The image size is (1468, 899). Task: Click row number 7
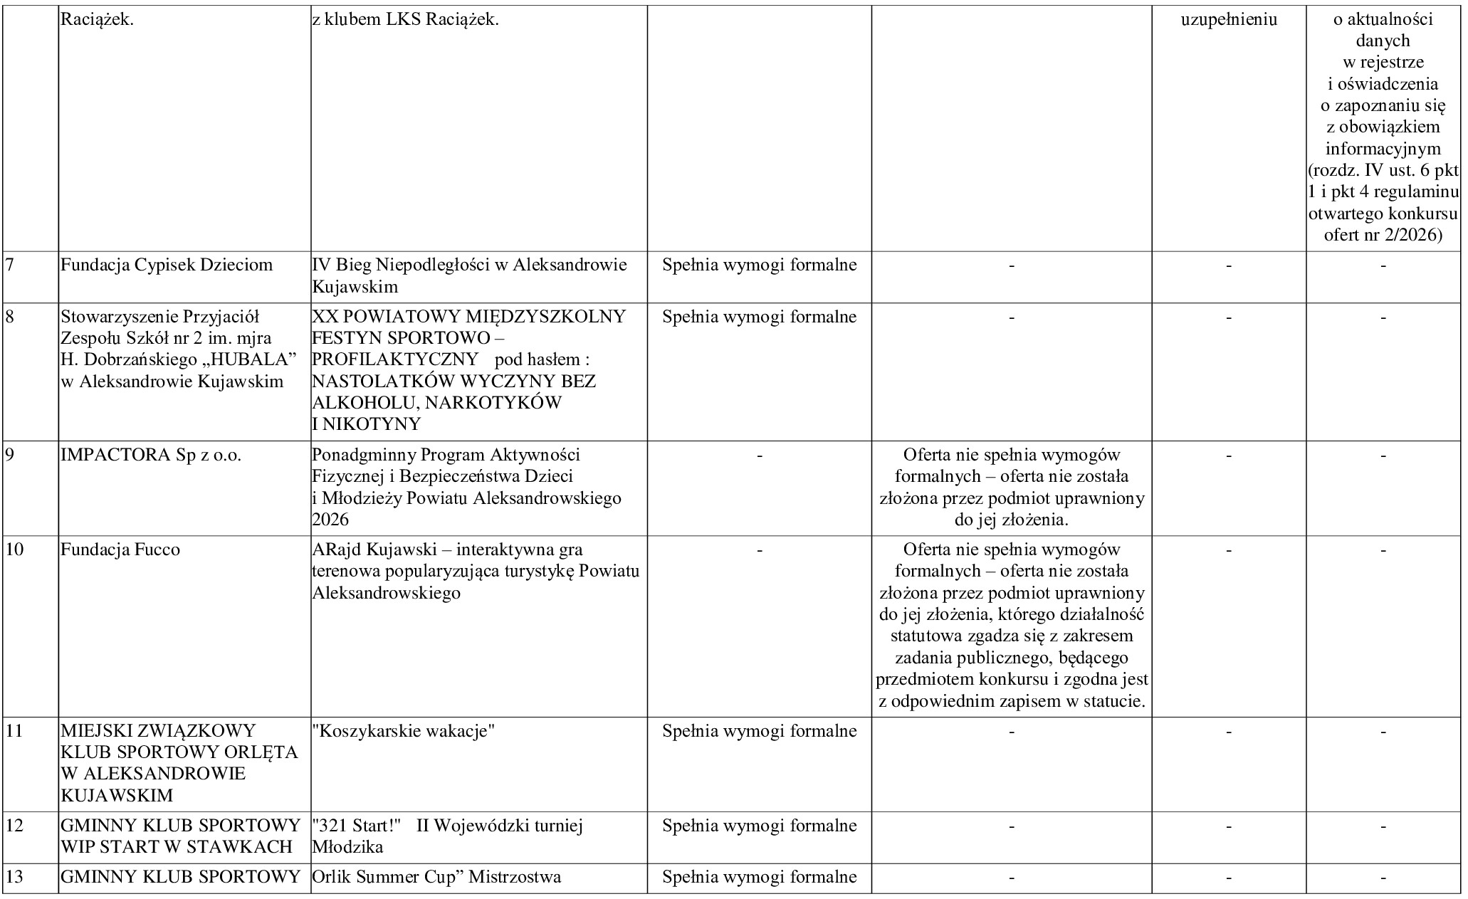tap(10, 266)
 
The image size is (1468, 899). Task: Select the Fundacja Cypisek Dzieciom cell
tap(167, 266)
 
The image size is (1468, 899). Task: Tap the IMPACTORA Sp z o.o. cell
tap(151, 455)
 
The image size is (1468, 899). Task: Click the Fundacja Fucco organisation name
tap(120, 550)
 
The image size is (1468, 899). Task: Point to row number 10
tap(14, 550)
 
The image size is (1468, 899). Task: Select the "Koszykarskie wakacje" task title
tap(404, 731)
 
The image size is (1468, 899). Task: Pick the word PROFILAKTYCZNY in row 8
tap(394, 360)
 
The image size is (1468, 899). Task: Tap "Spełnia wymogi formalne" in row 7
tap(759, 266)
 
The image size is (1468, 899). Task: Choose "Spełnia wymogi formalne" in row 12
tap(759, 826)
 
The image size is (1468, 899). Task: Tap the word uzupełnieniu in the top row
tap(1229, 19)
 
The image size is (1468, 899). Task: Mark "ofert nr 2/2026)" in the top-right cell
tap(1383, 235)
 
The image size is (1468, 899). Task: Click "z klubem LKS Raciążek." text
tap(405, 19)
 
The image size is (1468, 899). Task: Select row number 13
tap(14, 877)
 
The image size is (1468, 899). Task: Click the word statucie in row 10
tap(1114, 702)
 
